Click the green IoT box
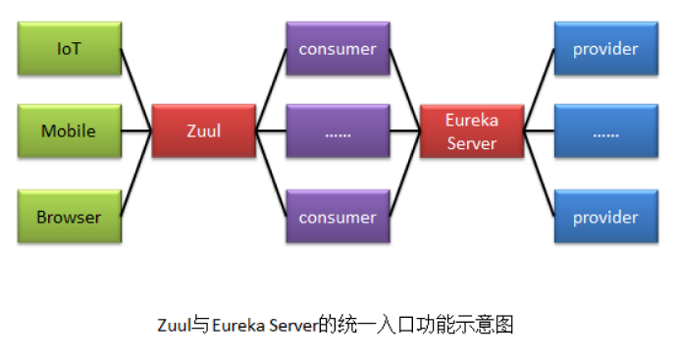[69, 49]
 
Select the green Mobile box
[69, 130]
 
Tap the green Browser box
[69, 217]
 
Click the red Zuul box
[203, 130]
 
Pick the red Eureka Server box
[471, 131]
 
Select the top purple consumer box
[337, 49]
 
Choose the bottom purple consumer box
[337, 217]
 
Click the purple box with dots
[337, 131]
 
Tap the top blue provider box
[605, 49]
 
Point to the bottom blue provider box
[605, 217]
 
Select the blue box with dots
[605, 131]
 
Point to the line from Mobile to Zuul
[136, 130]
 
